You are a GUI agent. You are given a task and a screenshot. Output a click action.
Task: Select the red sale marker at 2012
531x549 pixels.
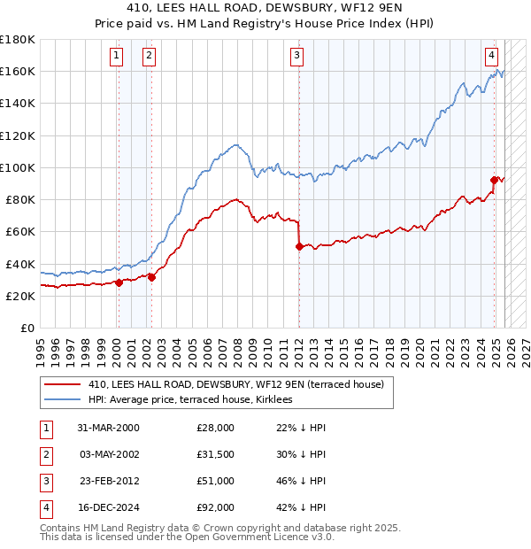point(299,247)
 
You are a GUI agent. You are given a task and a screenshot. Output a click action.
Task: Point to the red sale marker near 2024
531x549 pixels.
point(494,180)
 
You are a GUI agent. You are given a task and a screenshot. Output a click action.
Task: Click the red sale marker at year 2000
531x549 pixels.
point(118,283)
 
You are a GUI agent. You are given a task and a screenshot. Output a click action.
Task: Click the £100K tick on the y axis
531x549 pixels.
point(18,167)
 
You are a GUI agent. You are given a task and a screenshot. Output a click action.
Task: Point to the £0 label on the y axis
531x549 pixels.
point(27,329)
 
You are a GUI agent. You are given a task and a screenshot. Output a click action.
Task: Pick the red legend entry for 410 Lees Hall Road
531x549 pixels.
point(235,384)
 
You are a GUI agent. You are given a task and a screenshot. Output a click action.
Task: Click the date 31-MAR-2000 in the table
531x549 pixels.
point(108,428)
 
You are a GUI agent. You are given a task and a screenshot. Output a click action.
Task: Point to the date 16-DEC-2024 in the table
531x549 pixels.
point(108,507)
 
